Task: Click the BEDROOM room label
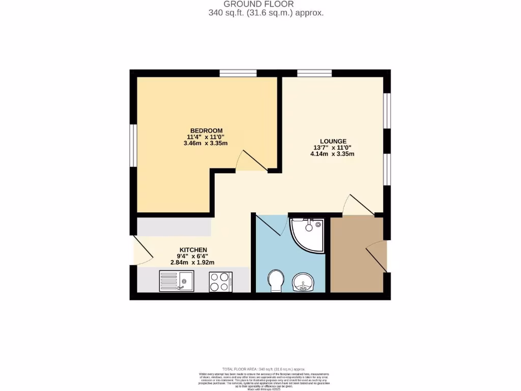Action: pos(207,130)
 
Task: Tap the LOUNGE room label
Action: pos(333,141)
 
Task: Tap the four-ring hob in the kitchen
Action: pos(221,282)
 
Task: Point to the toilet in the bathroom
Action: pos(275,281)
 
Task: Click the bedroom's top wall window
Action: pos(238,73)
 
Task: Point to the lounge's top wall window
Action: pos(314,73)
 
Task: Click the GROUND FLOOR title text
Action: pos(266,4)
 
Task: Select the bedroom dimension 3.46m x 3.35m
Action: pos(207,143)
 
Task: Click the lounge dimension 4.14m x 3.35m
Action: pos(333,154)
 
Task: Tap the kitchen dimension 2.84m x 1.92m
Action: pos(192,263)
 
